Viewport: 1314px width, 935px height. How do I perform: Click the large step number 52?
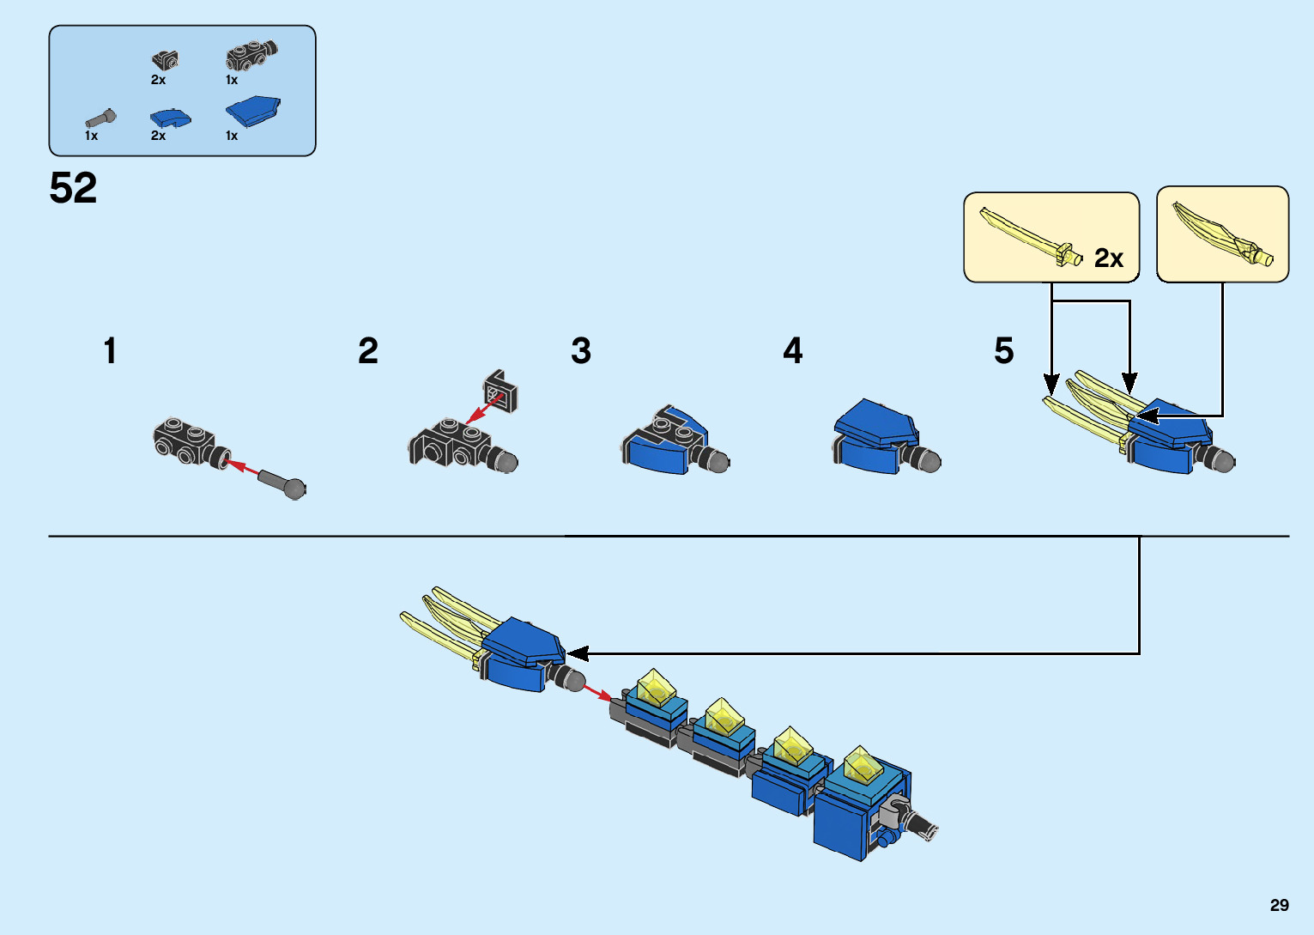coord(73,188)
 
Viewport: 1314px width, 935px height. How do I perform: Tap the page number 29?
coord(1279,905)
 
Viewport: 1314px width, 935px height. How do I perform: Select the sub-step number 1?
coord(110,351)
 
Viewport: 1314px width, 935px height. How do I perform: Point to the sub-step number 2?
coord(368,351)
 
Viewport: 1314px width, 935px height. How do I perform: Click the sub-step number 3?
coord(581,351)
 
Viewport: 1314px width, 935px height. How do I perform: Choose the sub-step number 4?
coord(793,351)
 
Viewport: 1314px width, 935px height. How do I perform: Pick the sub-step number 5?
coord(1004,351)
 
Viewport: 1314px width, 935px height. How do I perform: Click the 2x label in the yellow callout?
coord(1108,258)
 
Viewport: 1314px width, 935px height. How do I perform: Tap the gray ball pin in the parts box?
coord(100,118)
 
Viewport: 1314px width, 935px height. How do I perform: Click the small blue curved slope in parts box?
coord(170,118)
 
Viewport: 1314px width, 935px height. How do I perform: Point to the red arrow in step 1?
coord(242,468)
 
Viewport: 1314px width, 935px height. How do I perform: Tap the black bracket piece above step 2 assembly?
coord(500,390)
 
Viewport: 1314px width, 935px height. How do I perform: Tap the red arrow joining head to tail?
coord(597,690)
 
